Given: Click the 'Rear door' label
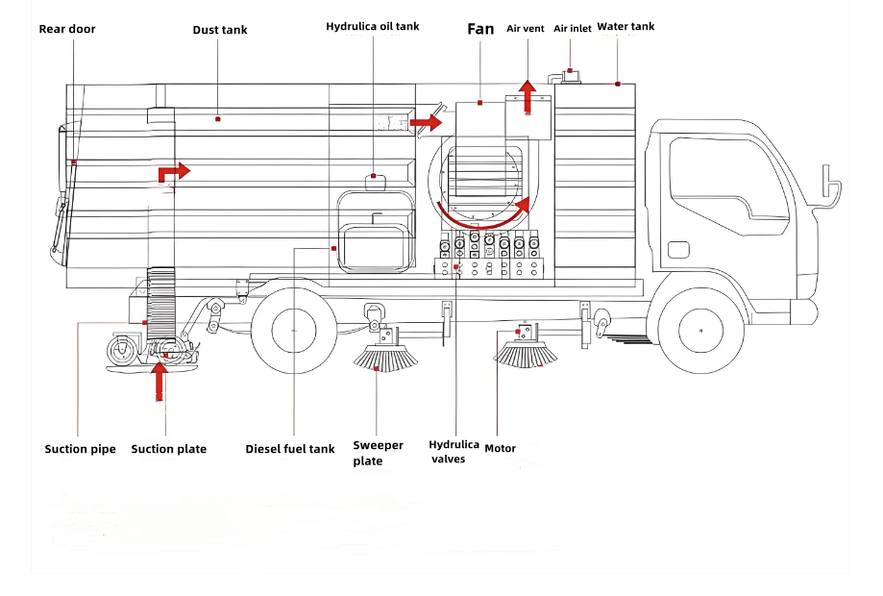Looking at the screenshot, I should (x=67, y=29).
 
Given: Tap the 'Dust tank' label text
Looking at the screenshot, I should (x=220, y=30).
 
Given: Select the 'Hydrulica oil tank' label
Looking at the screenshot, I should (x=373, y=27).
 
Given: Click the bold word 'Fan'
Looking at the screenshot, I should (x=480, y=29).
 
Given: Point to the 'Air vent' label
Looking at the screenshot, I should (x=526, y=29).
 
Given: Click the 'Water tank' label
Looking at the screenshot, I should (x=625, y=26).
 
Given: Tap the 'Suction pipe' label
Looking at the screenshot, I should (x=80, y=449).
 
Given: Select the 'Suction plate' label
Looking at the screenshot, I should (x=168, y=449).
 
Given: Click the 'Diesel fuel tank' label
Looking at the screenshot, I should (x=290, y=449).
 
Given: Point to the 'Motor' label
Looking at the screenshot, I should (x=500, y=448).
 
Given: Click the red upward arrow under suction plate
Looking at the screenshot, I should (x=160, y=382).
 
